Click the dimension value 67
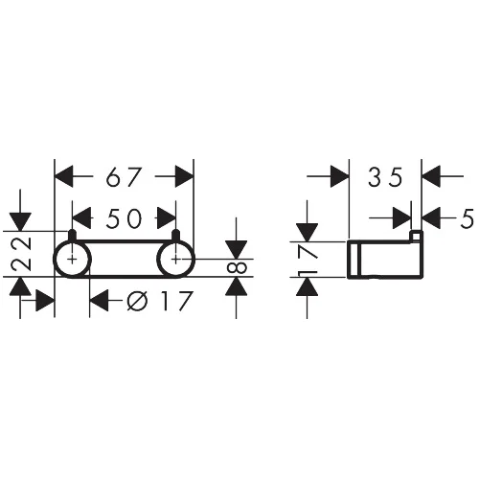[124, 177]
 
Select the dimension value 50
[124, 218]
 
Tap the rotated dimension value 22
[21, 254]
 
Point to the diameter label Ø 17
[160, 301]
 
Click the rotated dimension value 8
[237, 267]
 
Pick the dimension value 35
[385, 177]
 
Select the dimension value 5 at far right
[468, 218]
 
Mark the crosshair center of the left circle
[73, 260]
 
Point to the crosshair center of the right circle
[176, 260]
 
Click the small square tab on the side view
[416, 236]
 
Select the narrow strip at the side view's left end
[354, 259]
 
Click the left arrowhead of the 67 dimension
[64, 176]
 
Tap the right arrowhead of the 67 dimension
[184, 176]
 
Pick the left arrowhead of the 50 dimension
[81, 217]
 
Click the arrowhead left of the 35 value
[340, 176]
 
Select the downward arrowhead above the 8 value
[237, 250]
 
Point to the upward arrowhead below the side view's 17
[308, 286]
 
